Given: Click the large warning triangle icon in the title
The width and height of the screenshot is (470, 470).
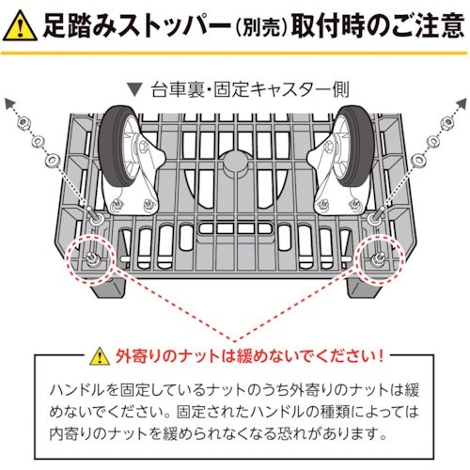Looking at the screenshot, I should pyautogui.click(x=20, y=25).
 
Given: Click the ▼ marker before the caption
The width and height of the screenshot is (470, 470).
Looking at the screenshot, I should pyautogui.click(x=137, y=92).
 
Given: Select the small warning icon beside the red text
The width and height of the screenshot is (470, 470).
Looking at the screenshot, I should pyautogui.click(x=100, y=358).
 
